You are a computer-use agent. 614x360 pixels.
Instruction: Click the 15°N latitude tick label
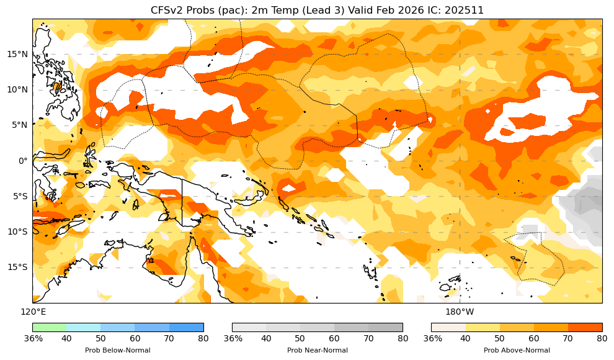point(17,54)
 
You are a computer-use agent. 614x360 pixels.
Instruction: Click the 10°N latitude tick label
point(17,89)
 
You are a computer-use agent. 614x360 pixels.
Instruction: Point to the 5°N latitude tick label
point(19,125)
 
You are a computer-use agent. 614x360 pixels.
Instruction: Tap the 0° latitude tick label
point(23,161)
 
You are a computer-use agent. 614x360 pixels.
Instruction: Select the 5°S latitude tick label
point(19,196)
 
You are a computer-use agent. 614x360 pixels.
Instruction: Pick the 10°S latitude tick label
point(17,232)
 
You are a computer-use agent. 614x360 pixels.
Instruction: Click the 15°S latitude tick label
point(17,267)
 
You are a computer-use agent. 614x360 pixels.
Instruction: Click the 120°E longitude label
point(33,312)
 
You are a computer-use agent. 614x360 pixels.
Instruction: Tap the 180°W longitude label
point(460,312)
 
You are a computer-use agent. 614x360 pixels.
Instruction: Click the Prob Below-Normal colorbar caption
point(117,350)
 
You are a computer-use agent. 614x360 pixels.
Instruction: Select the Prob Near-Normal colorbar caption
point(317,350)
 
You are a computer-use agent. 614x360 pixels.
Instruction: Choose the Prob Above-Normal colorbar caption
point(517,350)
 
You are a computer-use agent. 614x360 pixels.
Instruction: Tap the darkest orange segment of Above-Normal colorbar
point(585,327)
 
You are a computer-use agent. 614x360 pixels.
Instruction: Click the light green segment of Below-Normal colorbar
point(50,327)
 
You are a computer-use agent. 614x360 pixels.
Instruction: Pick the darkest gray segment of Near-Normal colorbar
point(385,327)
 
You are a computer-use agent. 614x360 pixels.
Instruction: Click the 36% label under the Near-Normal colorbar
point(233,338)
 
